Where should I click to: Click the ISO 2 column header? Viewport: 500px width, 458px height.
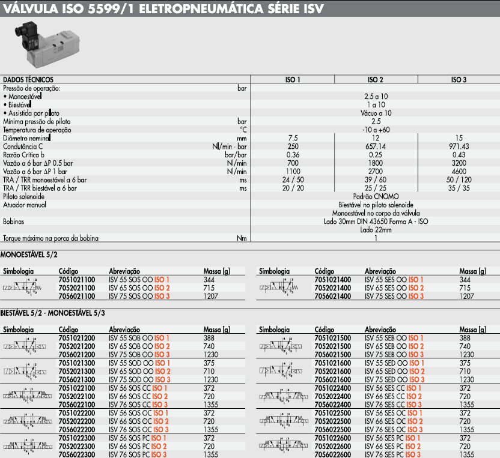point(376,80)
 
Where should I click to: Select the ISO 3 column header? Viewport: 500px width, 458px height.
point(459,80)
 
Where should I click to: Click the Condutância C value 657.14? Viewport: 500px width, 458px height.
point(376,146)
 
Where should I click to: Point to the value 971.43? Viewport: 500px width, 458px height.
point(459,146)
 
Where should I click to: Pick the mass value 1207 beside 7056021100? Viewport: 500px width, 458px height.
point(212,297)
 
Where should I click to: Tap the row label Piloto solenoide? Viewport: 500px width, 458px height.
point(25,196)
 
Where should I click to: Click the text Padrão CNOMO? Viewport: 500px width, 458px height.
point(376,196)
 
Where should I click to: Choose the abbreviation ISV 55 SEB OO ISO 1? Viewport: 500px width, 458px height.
point(394,338)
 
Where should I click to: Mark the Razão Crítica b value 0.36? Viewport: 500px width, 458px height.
point(293,155)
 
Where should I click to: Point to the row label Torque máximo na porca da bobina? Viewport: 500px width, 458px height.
point(51,238)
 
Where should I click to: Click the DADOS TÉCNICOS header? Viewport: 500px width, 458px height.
point(28,80)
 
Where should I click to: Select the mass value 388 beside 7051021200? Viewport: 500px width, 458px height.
point(210,338)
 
